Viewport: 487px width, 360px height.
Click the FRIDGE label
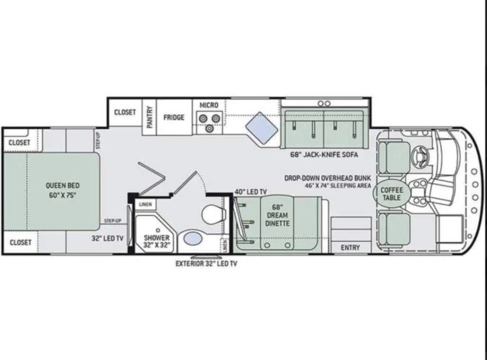[174, 117]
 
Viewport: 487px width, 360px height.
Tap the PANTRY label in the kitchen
[150, 117]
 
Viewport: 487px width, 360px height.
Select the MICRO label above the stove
[209, 105]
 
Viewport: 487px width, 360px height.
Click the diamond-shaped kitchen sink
[262, 128]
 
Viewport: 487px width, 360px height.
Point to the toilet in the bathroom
[213, 214]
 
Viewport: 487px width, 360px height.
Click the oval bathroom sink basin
[192, 238]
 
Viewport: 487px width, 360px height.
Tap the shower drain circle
[158, 230]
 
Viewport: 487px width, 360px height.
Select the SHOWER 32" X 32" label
[157, 241]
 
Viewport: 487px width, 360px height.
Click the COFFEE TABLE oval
[391, 194]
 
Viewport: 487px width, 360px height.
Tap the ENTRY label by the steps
[350, 248]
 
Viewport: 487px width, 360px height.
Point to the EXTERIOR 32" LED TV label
[206, 264]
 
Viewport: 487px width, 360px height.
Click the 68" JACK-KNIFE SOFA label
[324, 154]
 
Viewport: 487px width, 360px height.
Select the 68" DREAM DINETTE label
[277, 215]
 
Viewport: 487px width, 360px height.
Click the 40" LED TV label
[250, 192]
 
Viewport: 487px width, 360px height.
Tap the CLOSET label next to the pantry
[125, 112]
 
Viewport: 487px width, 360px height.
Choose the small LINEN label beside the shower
[146, 204]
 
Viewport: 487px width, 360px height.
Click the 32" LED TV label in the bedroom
[107, 238]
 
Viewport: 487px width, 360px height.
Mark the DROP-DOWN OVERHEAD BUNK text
[328, 178]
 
